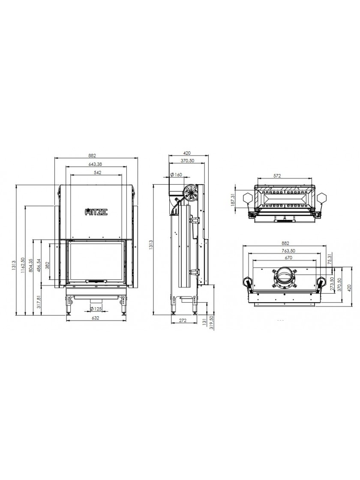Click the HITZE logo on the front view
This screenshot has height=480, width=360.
click(x=96, y=212)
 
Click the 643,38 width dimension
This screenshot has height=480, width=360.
click(x=96, y=165)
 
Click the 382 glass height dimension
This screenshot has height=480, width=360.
click(x=47, y=265)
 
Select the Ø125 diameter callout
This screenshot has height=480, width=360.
click(x=96, y=309)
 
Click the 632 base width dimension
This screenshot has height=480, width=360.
click(x=96, y=318)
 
